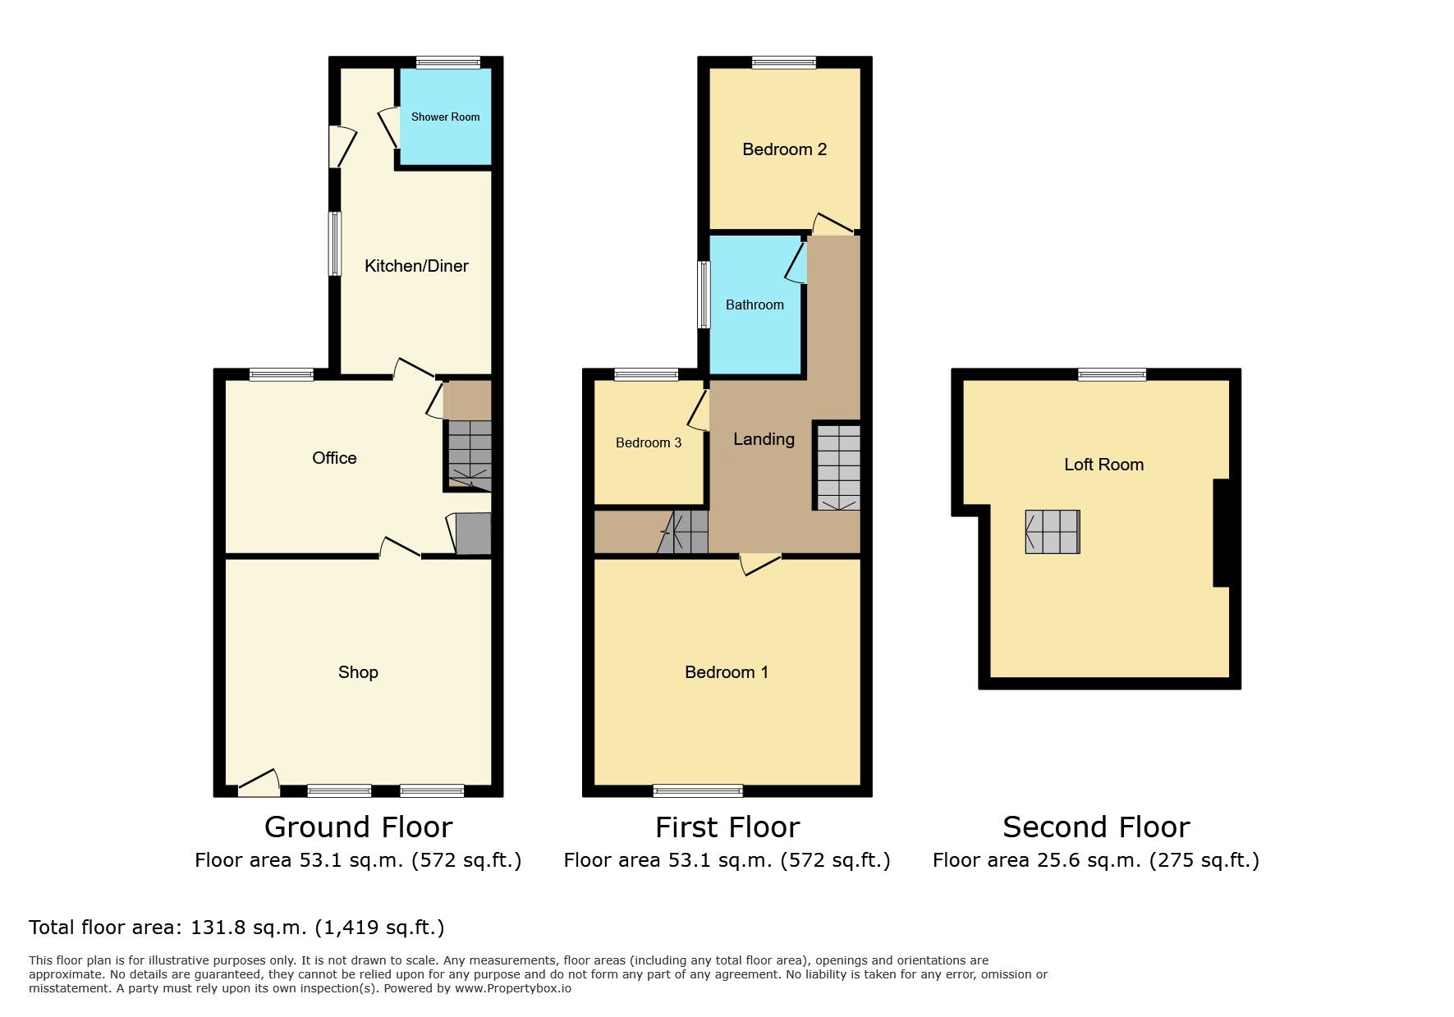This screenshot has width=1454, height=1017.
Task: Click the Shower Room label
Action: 445,117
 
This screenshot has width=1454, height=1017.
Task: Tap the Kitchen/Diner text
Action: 416,266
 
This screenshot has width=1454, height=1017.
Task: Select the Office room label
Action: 334,458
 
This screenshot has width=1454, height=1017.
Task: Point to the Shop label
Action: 358,672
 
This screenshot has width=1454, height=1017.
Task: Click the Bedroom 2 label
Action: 784,149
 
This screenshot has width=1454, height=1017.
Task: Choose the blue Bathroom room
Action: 755,305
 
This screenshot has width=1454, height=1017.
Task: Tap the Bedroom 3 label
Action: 649,443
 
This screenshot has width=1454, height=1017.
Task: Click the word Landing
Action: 764,440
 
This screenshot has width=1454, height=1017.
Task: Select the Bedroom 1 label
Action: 727,672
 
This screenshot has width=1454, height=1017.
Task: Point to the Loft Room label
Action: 1103,465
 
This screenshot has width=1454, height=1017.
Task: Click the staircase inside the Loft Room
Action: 1053,531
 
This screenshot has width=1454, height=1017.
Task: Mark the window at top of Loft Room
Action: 1112,374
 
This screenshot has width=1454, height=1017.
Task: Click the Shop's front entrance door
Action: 259,784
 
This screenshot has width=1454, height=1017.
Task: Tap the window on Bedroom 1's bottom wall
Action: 698,791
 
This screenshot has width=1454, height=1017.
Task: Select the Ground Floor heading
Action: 358,827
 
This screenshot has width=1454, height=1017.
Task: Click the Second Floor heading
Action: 1096,827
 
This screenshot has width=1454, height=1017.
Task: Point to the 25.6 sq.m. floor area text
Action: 1095,860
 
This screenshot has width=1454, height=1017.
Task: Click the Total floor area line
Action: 236,928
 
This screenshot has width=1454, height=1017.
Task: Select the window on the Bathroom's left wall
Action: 704,295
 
